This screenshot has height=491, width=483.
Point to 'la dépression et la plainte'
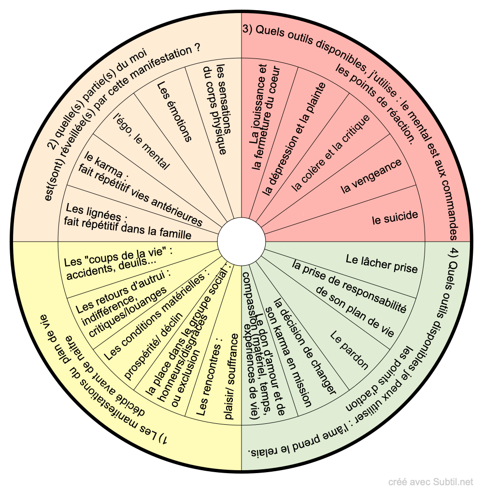[294, 138]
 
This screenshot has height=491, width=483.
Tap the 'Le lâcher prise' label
[382, 264]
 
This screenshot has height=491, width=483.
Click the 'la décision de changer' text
[304, 346]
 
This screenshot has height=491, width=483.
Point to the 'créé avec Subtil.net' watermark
[431, 482]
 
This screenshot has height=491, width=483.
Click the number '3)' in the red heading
[248, 29]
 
